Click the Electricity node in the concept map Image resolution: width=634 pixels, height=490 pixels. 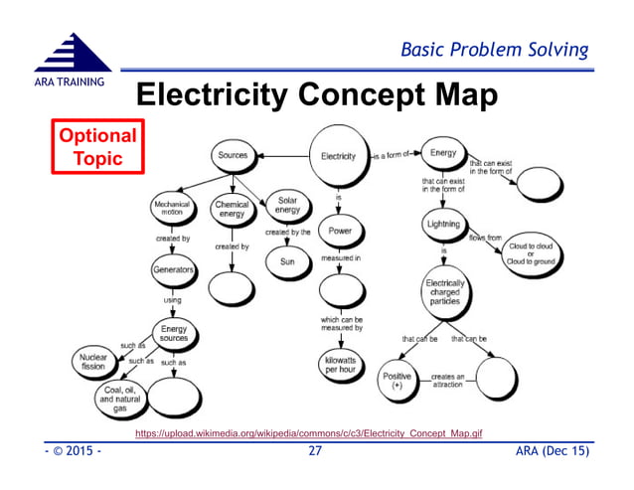coord(339,156)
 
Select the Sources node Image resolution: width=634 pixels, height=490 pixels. coord(234,155)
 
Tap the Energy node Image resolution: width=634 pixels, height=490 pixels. coord(442,153)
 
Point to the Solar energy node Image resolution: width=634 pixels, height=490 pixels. coord(287,207)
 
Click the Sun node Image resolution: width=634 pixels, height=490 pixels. coord(286,262)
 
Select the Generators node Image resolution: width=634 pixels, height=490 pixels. coord(173,270)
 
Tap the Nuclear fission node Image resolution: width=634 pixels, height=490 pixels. coord(93,361)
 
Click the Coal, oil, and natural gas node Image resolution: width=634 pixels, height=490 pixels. coord(120,399)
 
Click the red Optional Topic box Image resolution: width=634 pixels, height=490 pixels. coord(95,147)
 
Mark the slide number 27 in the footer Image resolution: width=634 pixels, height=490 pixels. coord(315,453)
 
